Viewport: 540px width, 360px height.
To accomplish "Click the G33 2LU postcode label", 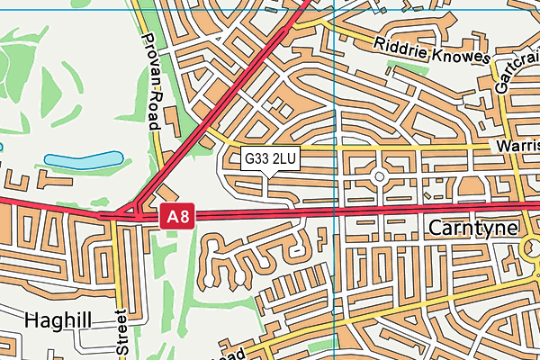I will point(270,159).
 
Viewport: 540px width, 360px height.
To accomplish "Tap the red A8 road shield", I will point(177,217).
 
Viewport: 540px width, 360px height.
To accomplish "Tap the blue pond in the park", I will point(83,161).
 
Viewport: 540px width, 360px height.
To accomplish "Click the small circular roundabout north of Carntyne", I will point(379,176).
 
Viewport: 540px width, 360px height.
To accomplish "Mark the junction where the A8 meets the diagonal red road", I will point(135,214).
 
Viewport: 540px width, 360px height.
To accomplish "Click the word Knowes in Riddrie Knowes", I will point(462,53).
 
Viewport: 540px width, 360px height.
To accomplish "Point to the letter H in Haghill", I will point(32,319).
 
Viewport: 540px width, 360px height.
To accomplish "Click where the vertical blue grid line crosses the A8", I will point(334,213).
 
